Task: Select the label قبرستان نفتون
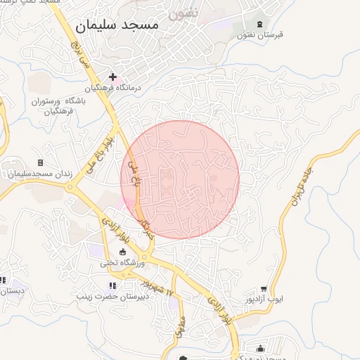259,35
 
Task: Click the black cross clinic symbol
112,77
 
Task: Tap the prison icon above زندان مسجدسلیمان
39,163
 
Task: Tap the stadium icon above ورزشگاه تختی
123,252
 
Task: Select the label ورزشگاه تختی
123,263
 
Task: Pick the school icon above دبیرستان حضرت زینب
112,285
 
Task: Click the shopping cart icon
264,288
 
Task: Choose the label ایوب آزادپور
264,299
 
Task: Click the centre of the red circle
181,179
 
